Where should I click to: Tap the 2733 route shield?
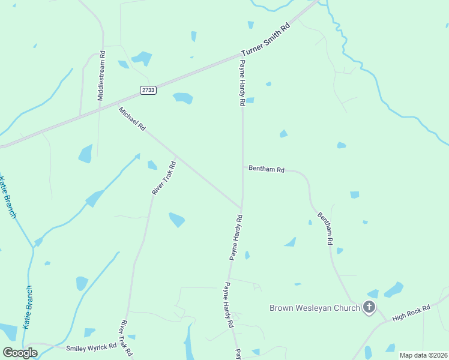[148, 90]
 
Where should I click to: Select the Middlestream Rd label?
[101, 75]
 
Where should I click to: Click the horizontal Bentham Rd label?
[267, 170]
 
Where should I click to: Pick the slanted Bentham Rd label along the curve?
[325, 229]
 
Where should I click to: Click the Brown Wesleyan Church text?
[315, 308]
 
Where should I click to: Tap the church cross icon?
[369, 308]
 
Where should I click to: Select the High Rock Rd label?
[411, 312]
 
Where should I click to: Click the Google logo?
[20, 352]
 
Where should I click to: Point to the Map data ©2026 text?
[423, 355]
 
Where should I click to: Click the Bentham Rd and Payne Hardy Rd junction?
[243, 167]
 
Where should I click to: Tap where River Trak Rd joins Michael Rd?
[175, 157]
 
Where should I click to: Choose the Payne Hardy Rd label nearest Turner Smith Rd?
[243, 83]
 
